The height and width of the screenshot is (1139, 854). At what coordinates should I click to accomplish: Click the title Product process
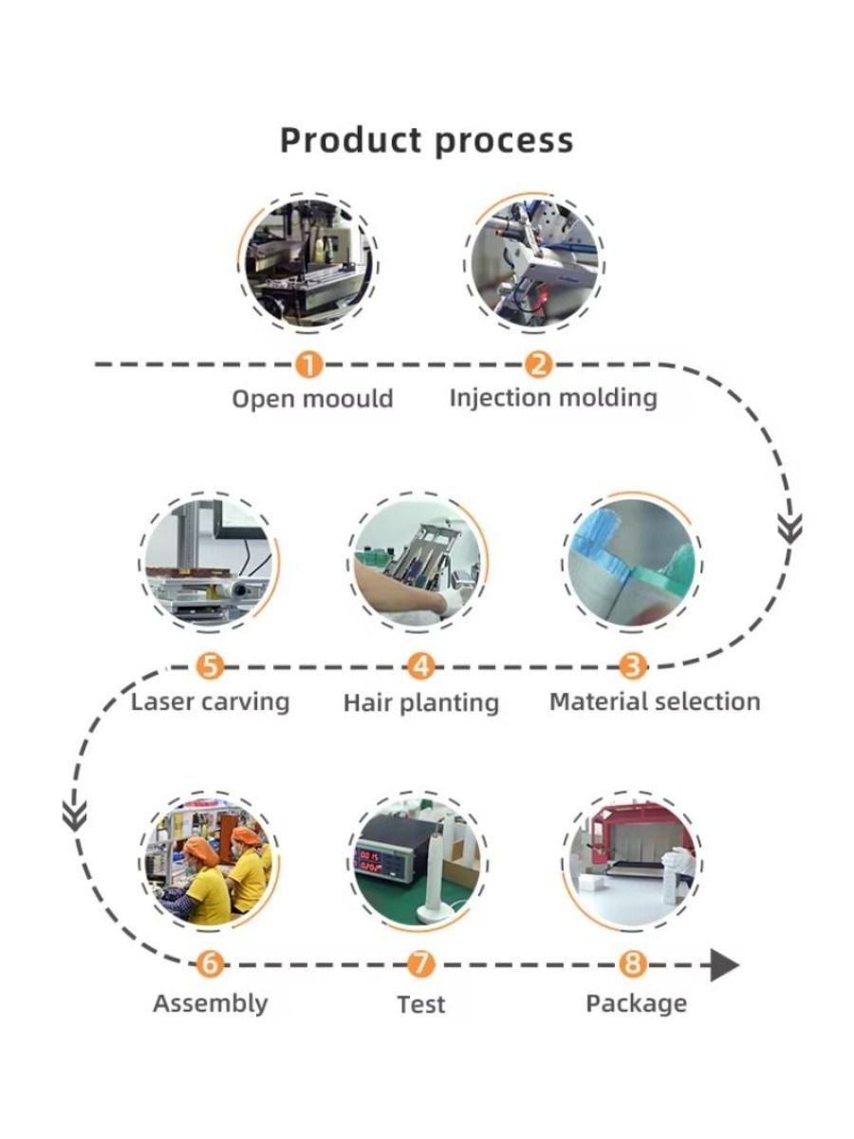click(x=426, y=140)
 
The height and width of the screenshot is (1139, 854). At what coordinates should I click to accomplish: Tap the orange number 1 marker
click(x=309, y=364)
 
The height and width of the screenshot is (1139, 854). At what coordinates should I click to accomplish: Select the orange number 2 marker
click(x=538, y=364)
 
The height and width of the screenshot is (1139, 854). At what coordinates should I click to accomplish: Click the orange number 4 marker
click(x=420, y=667)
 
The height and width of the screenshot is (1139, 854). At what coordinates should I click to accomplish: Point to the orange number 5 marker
click(x=210, y=667)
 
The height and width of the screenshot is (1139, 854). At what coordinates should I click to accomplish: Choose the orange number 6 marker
click(x=210, y=966)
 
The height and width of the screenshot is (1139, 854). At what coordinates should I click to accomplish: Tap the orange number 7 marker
click(x=420, y=966)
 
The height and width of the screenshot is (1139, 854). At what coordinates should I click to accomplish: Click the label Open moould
click(x=312, y=399)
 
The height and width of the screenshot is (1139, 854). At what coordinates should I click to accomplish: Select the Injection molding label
click(x=552, y=397)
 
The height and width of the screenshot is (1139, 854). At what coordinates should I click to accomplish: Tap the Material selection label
click(x=655, y=702)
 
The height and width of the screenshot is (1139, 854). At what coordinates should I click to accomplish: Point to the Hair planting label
click(x=420, y=703)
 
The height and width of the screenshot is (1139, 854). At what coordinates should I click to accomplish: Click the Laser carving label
click(x=210, y=702)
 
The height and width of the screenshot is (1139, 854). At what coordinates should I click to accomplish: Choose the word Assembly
click(x=210, y=1003)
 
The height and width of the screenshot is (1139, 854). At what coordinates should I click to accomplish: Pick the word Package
click(x=636, y=1003)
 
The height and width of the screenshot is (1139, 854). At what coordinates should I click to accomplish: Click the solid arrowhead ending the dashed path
click(x=724, y=966)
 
